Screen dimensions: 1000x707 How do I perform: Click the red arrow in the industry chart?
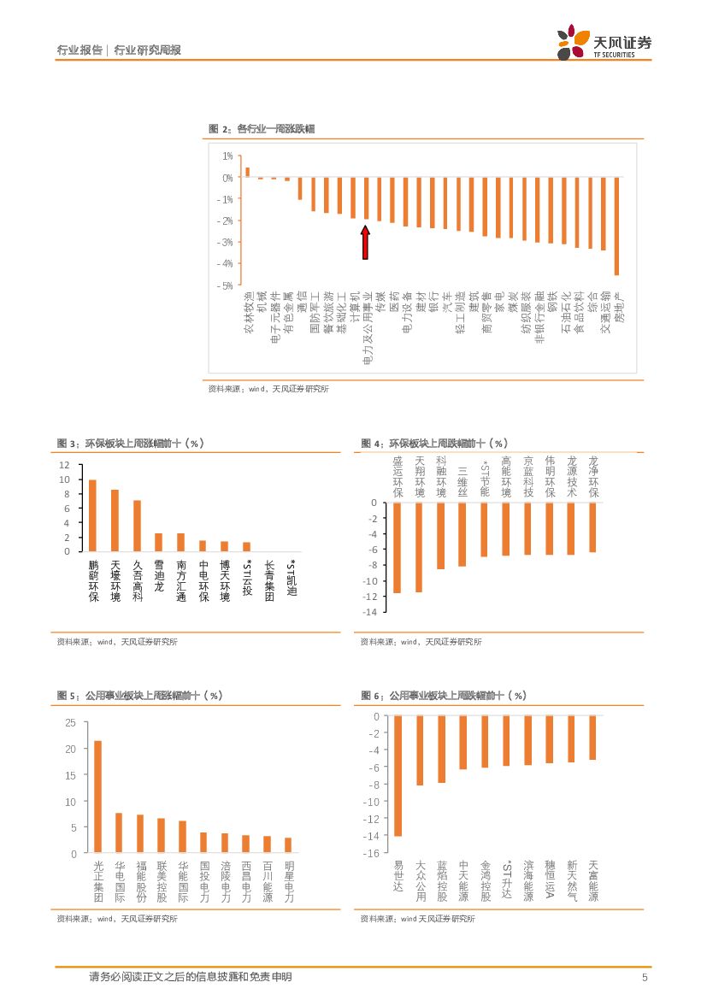point(365,242)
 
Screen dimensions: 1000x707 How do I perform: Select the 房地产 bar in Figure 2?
point(616,226)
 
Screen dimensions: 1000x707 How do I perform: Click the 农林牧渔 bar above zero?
point(247,172)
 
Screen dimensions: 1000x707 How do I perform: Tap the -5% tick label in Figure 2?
point(227,285)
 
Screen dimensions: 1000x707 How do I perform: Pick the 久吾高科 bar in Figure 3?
point(137,526)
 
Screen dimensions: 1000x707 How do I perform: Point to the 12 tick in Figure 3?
point(64,465)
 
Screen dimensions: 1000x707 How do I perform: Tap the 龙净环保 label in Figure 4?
point(593,477)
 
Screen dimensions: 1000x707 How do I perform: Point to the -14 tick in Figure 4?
point(370,612)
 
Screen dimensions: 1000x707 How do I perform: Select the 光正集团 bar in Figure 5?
point(97,797)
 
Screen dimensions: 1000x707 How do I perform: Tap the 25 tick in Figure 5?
point(70,722)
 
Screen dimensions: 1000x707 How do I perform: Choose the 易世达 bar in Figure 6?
point(398,775)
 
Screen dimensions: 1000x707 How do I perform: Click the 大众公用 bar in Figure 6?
point(420,750)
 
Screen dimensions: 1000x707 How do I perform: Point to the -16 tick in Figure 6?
point(370,853)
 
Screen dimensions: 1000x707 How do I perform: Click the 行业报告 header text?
point(80,50)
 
